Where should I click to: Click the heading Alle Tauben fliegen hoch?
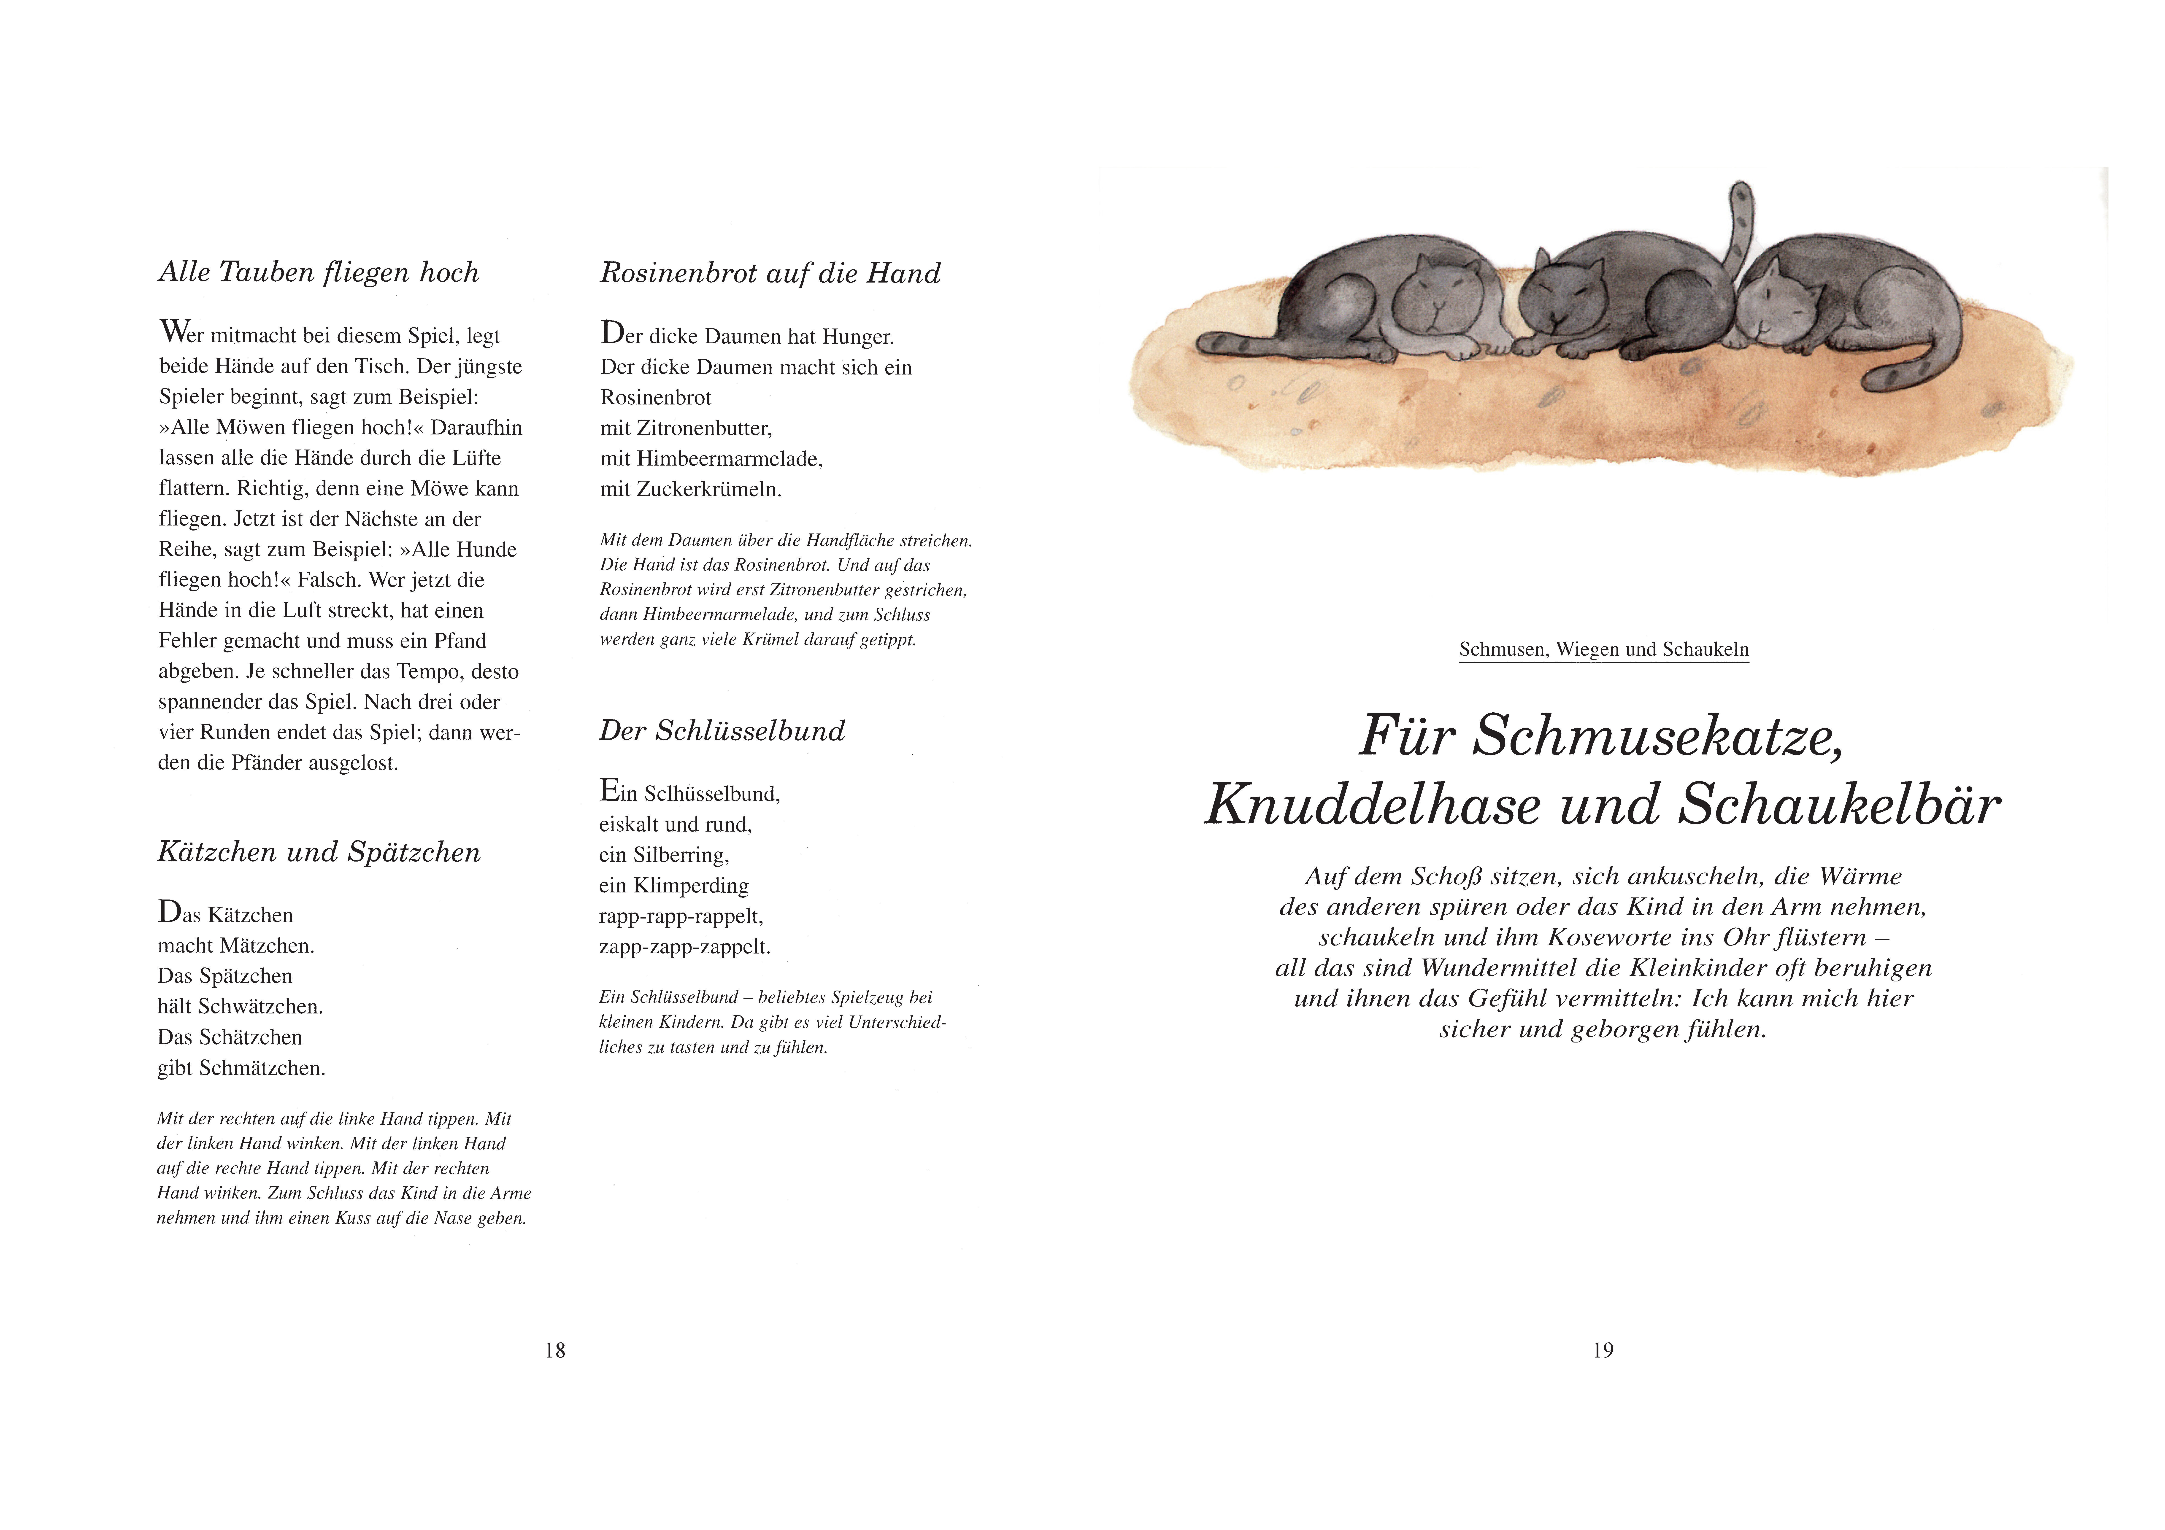pyautogui.click(x=319, y=272)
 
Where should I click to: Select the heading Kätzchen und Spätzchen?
pyautogui.click(x=319, y=852)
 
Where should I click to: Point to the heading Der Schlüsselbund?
pyautogui.click(x=722, y=731)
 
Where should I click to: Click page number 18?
pyautogui.click(x=555, y=1350)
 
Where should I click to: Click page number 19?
pyautogui.click(x=1603, y=1350)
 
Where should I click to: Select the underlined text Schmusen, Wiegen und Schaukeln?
pyautogui.click(x=1603, y=649)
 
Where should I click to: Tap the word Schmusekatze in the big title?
pyautogui.click(x=1657, y=736)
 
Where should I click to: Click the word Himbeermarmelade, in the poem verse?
pyautogui.click(x=729, y=459)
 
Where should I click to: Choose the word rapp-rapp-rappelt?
pyautogui.click(x=681, y=916)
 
